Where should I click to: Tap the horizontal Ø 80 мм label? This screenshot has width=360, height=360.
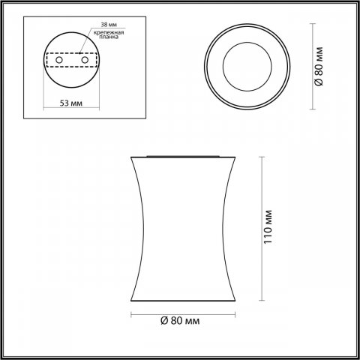tap(180, 320)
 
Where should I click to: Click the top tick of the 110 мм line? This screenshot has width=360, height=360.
tap(260, 157)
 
